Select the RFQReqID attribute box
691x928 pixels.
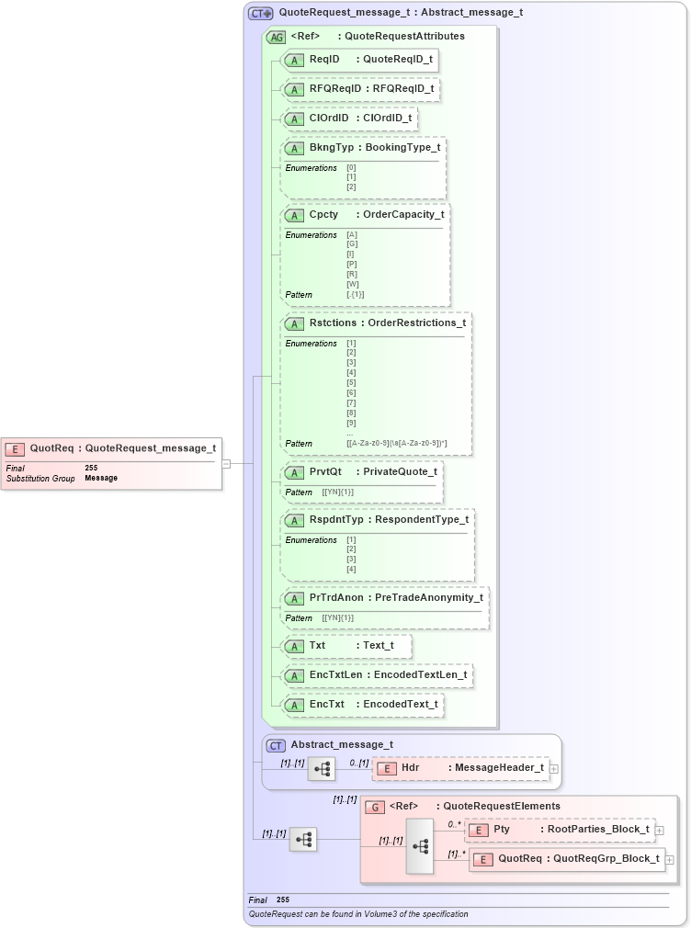coord(360,90)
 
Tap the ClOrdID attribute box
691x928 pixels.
coord(349,119)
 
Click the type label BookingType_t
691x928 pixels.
coord(402,148)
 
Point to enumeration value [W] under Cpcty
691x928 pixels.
coord(352,284)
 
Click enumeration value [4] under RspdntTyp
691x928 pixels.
coord(350,570)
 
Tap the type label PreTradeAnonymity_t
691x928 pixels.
coord(428,598)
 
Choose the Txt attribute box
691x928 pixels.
coord(345,646)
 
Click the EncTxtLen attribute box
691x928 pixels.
coord(377,675)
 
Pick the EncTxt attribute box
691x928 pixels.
coord(362,705)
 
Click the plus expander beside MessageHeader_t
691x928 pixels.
coord(554,768)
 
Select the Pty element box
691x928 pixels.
coord(560,830)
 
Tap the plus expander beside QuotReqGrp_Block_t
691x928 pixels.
coord(670,859)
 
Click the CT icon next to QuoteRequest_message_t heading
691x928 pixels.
coord(261,14)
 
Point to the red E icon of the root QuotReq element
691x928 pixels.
coord(15,449)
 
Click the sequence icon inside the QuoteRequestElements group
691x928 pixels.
coord(420,846)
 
